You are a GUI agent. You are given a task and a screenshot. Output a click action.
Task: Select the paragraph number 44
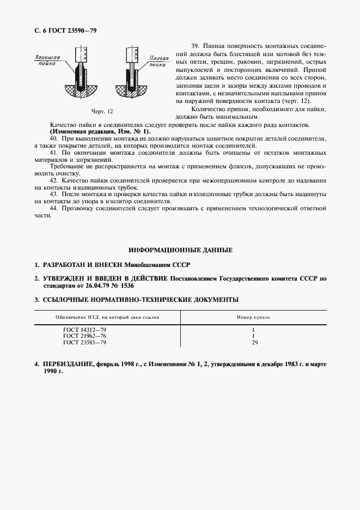(53, 209)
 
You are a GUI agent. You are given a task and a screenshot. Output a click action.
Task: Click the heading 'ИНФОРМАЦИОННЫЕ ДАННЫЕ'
(180, 250)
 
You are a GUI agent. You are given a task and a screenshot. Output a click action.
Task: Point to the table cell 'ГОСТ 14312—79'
(84, 330)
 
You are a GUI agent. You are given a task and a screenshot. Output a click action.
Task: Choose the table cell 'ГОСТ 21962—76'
(84, 336)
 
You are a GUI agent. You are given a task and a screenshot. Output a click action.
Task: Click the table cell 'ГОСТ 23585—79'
(84, 343)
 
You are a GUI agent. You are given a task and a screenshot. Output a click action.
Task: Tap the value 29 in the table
(253, 343)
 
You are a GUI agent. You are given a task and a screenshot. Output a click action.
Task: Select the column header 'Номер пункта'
(253, 317)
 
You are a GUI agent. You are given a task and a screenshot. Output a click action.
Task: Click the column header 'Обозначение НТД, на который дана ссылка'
(107, 317)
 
